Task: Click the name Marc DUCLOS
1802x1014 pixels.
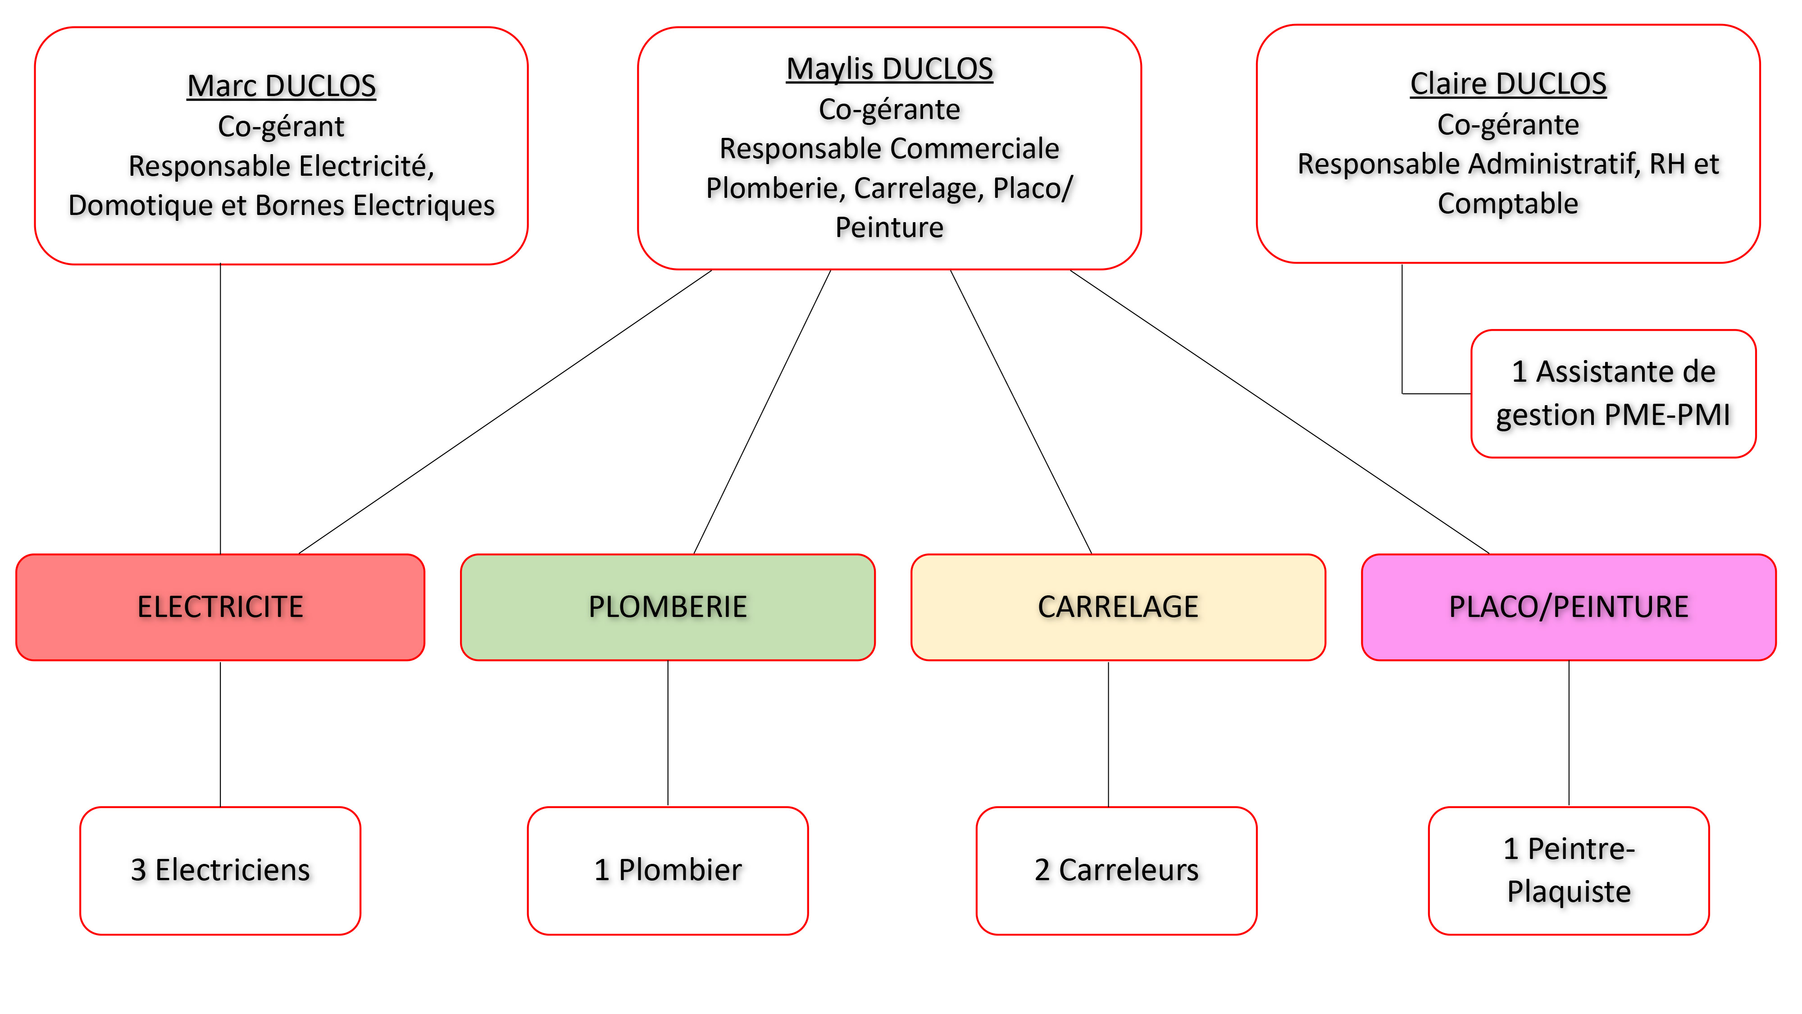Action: click(x=281, y=86)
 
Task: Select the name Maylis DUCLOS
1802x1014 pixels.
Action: click(x=889, y=69)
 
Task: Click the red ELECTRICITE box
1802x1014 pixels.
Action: click(x=220, y=607)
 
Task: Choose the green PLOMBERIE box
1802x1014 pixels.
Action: click(x=667, y=607)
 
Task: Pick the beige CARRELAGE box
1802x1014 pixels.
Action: click(x=1117, y=607)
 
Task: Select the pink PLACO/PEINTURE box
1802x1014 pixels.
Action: click(x=1568, y=607)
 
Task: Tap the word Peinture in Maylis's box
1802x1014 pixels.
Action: click(x=889, y=228)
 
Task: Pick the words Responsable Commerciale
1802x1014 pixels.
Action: click(x=889, y=148)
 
